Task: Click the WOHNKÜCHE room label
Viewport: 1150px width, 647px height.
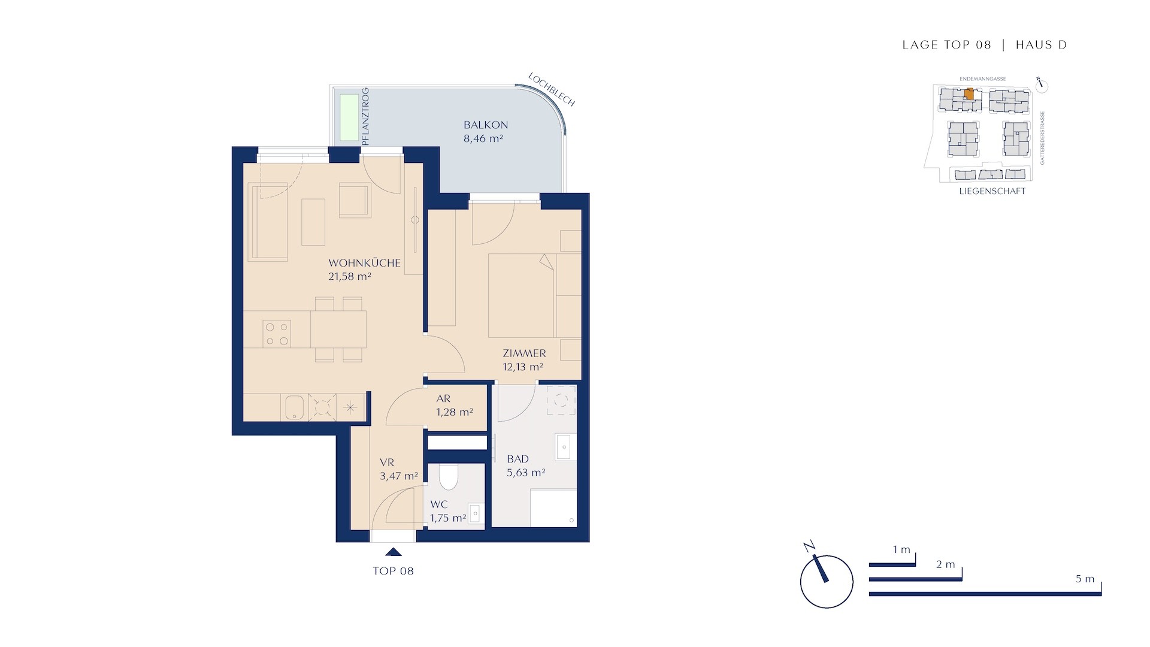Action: point(364,263)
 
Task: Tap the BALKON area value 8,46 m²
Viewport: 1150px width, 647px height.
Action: point(483,139)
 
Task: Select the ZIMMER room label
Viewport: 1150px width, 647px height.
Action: point(524,353)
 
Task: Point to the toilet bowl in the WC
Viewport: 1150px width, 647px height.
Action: point(448,477)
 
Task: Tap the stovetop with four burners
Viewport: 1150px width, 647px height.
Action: point(277,334)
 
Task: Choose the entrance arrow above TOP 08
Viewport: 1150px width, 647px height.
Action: point(393,552)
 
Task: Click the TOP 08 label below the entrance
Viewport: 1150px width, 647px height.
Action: point(393,571)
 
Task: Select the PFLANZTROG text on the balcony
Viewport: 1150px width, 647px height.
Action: point(365,116)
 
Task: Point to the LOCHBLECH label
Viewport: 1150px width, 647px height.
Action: point(552,90)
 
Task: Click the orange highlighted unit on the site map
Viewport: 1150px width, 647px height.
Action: point(969,93)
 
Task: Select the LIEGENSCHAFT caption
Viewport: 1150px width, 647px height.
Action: point(992,191)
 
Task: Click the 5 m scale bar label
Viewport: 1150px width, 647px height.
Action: point(1085,579)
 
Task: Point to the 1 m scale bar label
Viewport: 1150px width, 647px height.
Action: point(901,550)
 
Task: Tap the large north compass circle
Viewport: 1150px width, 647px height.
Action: point(827,582)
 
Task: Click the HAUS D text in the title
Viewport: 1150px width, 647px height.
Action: point(1041,45)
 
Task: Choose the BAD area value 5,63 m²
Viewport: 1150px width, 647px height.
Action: point(526,473)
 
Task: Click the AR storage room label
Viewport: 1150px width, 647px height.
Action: point(443,399)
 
